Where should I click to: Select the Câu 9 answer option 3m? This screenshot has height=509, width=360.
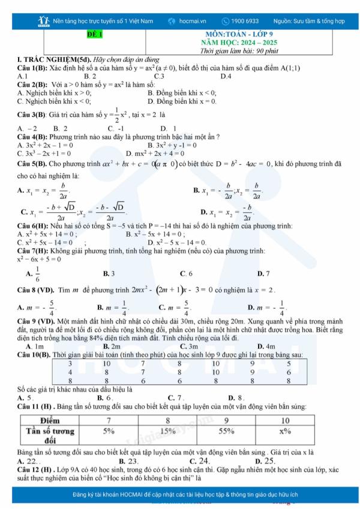coord(189,346)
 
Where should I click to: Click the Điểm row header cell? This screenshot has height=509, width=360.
coord(53,419)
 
